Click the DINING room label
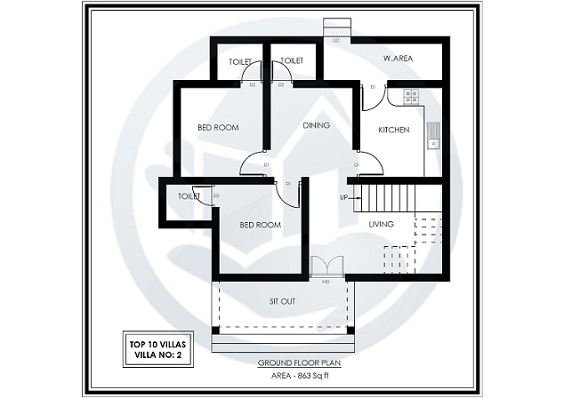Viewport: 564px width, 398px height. (316, 125)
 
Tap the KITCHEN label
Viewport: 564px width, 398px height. (393, 130)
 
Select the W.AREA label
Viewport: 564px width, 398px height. (397, 59)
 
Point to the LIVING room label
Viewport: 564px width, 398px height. (381, 225)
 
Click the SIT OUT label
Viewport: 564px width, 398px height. (282, 301)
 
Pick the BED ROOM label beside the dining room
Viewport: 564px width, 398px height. (218, 128)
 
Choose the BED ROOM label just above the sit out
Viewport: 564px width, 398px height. (260, 225)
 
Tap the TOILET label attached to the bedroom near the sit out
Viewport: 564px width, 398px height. (188, 196)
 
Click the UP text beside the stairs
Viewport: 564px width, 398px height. (343, 197)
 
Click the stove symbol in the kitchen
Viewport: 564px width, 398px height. (410, 97)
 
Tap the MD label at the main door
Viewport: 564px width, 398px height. (326, 282)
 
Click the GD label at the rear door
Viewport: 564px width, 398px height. (335, 41)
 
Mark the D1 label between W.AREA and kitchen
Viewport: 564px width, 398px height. (374, 86)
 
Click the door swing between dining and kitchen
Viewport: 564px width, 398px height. (369, 163)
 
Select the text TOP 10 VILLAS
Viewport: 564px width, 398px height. (149, 342)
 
